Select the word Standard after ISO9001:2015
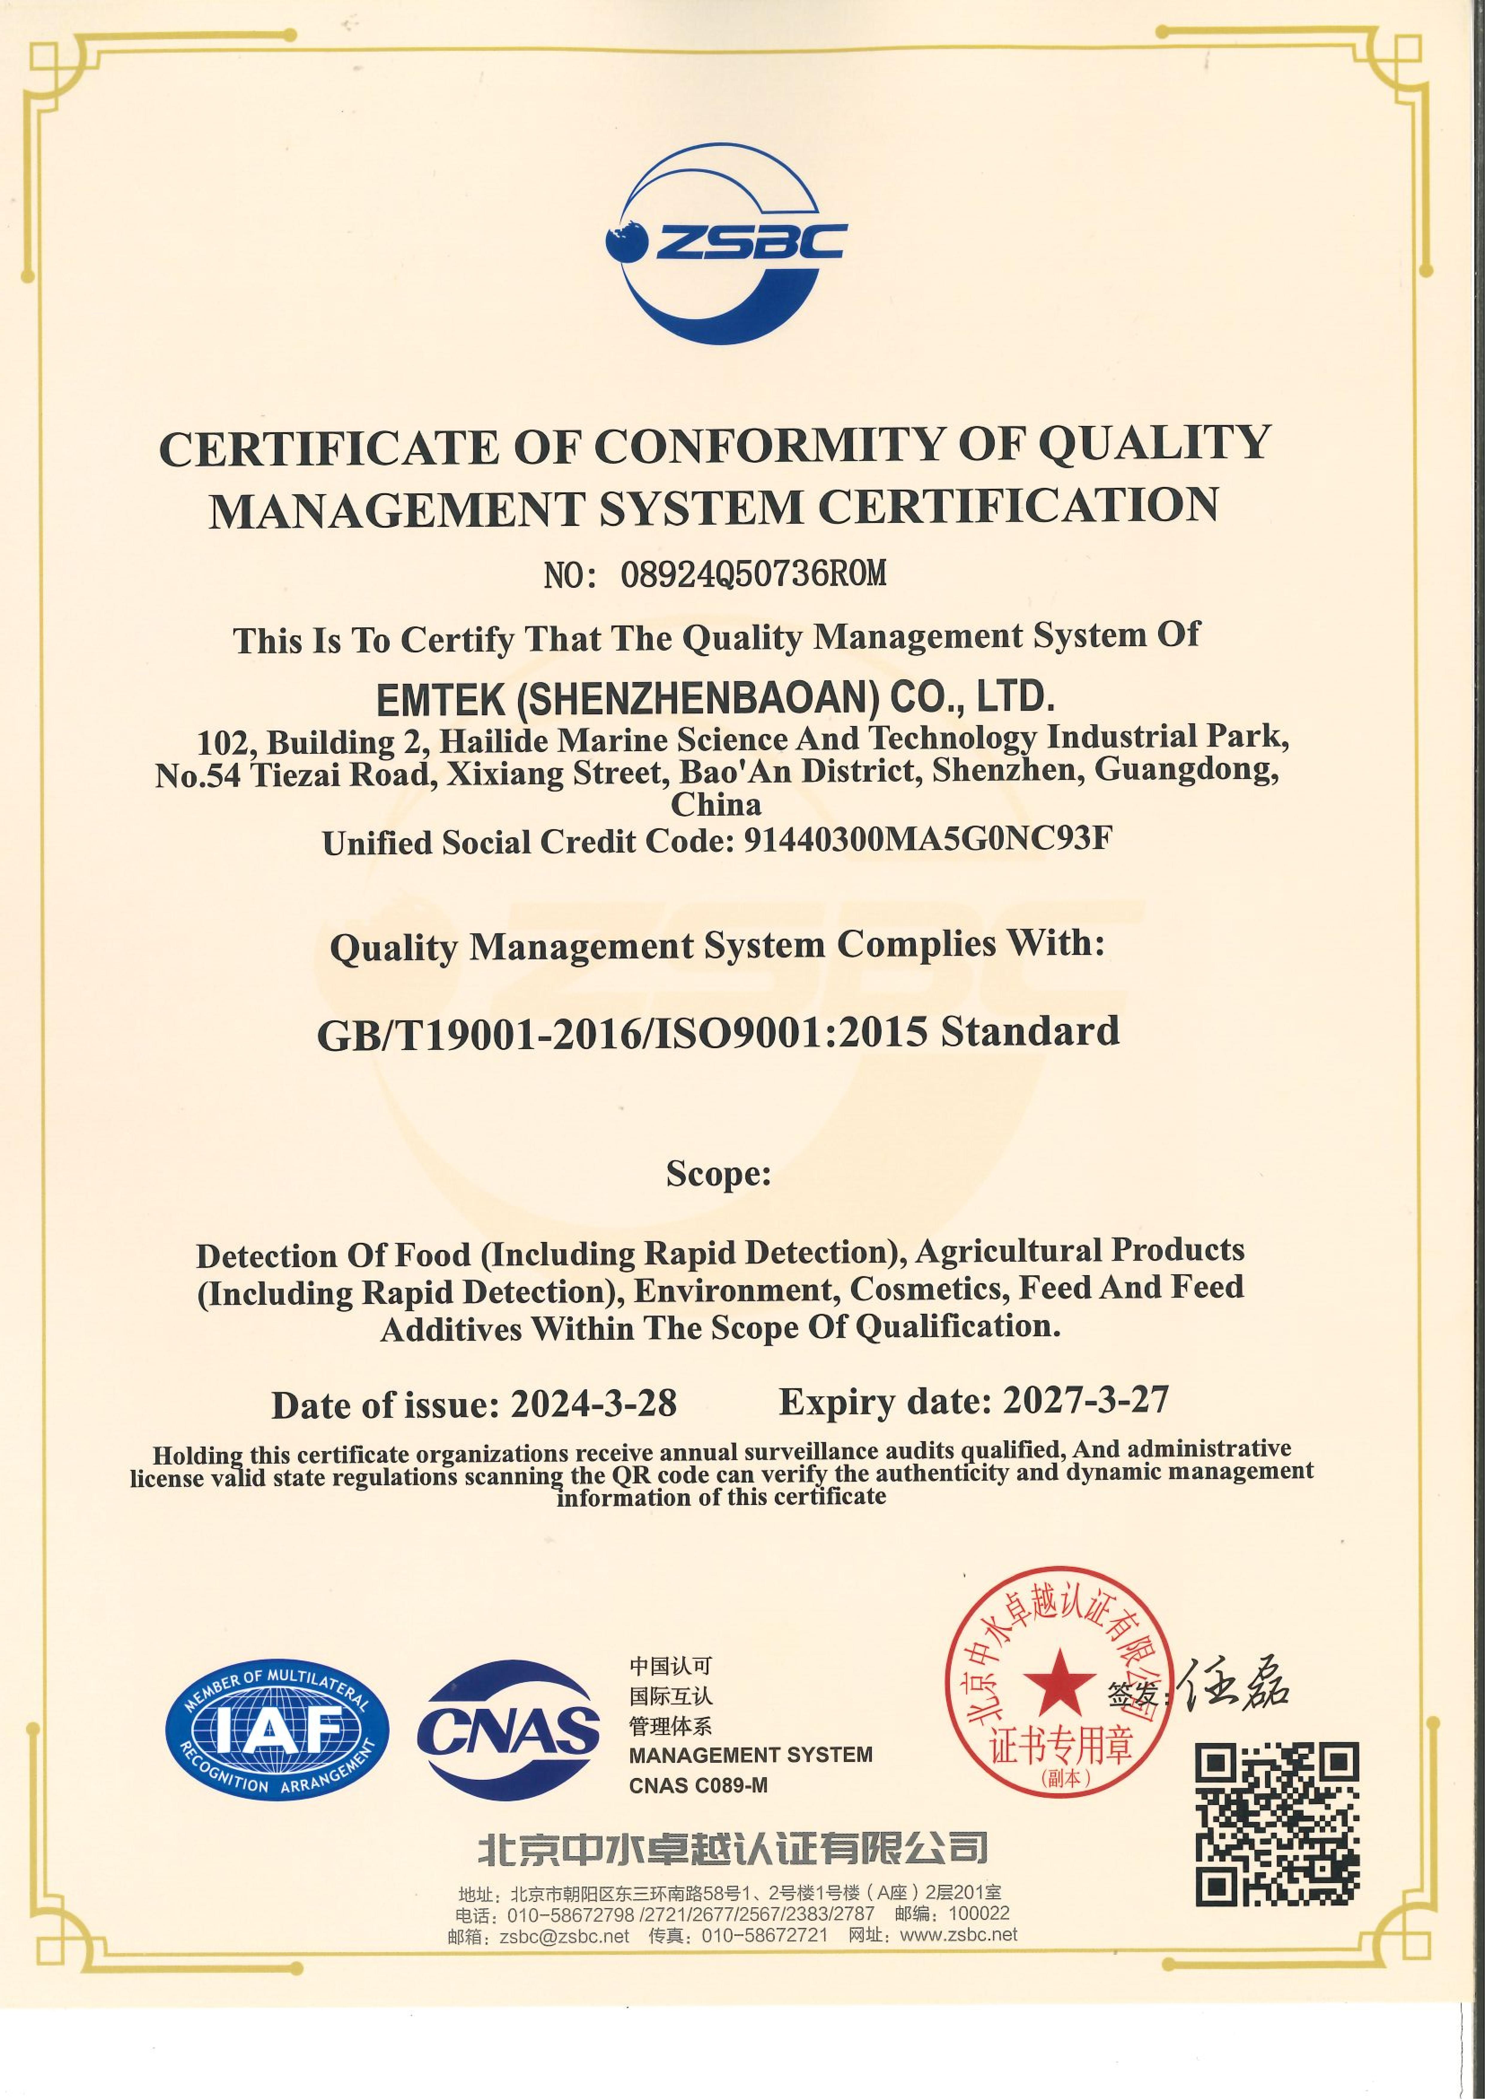tap(1030, 1031)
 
